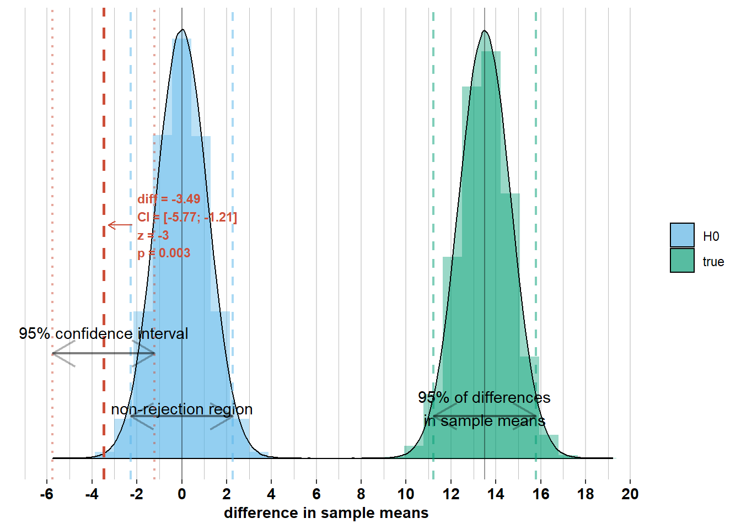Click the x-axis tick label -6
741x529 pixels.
(46, 494)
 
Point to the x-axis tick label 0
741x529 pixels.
(182, 494)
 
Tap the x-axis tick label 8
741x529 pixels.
(361, 494)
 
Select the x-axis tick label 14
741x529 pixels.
(496, 494)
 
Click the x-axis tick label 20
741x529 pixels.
(630, 494)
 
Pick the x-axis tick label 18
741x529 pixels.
(586, 494)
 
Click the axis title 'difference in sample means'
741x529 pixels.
(326, 513)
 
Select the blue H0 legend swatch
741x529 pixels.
(682, 235)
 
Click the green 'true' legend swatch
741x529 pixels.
(682, 261)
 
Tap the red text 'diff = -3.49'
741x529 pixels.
(169, 199)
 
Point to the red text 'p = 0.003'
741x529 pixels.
(164, 253)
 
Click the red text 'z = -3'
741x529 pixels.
(153, 235)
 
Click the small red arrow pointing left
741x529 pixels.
(120, 225)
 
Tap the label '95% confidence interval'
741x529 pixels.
(104, 333)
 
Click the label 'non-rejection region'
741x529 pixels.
(182, 409)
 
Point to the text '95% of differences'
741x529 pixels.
(484, 397)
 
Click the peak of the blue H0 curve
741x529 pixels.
(182, 30)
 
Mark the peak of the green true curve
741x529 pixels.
(485, 31)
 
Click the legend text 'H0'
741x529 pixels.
(711, 236)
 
